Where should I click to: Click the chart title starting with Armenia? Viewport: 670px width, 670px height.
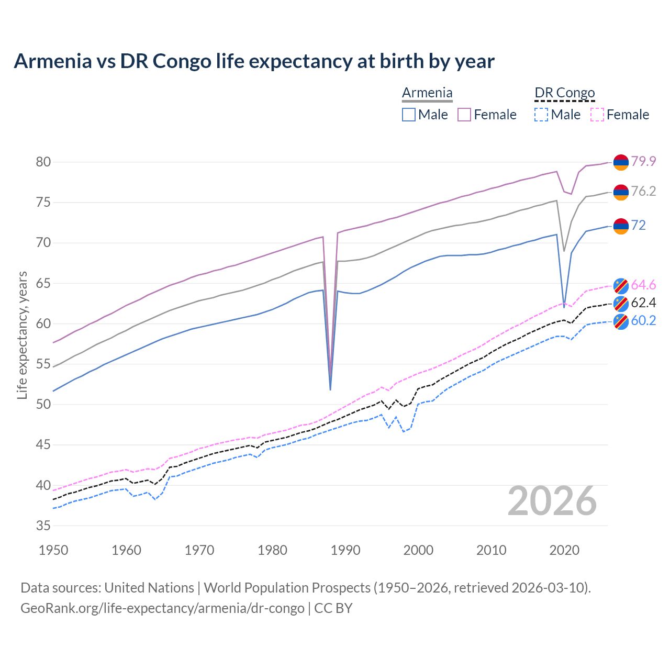point(254,61)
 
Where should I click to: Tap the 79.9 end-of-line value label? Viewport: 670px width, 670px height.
point(643,161)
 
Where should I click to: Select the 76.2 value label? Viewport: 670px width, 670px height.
point(643,192)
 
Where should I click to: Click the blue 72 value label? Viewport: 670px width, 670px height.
point(638,225)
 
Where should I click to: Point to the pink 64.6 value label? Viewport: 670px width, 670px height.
point(643,285)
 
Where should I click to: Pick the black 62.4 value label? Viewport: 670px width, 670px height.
point(643,303)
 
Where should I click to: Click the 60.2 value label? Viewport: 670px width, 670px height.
point(643,320)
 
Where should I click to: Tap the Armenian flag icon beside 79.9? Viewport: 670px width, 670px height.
point(621,162)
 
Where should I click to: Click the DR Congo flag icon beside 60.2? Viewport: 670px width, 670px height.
point(621,321)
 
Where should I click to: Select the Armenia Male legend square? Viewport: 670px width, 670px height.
point(409,115)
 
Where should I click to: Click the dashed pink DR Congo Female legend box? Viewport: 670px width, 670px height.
point(597,115)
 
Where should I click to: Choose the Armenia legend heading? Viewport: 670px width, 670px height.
point(427,93)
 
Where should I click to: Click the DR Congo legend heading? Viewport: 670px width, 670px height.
point(565,93)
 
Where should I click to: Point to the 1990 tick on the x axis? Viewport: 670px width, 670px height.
point(345,550)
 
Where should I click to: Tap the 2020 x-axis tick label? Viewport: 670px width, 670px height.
point(564,550)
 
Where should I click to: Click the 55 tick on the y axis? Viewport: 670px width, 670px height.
point(43,364)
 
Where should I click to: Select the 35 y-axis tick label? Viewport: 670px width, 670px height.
point(43,526)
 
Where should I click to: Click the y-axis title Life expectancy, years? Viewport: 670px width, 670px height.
point(22,335)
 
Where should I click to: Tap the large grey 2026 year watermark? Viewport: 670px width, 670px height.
point(552,501)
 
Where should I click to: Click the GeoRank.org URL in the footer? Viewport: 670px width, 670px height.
point(162,608)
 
